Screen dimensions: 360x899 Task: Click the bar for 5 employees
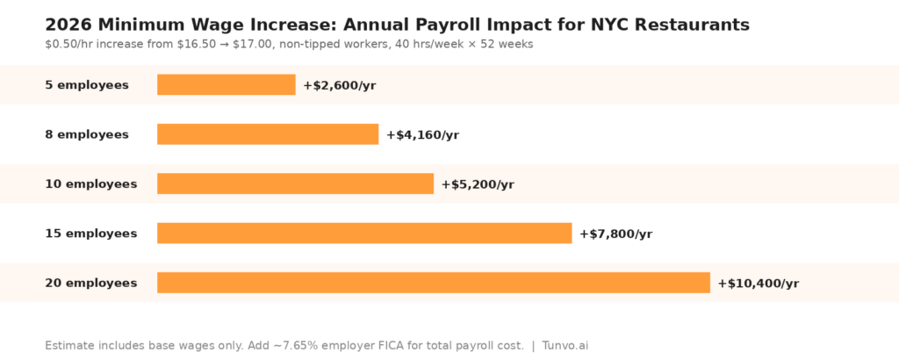[x=226, y=85]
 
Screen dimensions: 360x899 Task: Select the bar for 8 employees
[x=268, y=134]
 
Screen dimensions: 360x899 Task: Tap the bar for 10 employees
[x=295, y=184]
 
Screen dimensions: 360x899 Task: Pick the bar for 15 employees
[x=364, y=233]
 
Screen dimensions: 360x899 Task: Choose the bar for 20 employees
[x=433, y=283]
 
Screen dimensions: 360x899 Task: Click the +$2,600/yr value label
[x=339, y=85]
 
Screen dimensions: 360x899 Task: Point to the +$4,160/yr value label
[x=422, y=135]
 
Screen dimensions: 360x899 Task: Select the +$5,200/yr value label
[x=478, y=184]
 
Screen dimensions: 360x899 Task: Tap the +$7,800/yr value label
[x=615, y=234]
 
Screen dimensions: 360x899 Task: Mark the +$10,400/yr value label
[x=758, y=284]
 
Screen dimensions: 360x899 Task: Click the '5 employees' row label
[x=87, y=85]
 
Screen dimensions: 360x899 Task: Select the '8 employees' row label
[x=87, y=134]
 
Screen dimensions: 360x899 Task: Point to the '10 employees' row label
[x=91, y=184]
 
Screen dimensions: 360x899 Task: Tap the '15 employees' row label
[x=91, y=234]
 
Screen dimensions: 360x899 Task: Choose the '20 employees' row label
[x=91, y=283]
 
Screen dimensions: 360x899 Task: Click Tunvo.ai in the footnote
[x=565, y=346]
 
